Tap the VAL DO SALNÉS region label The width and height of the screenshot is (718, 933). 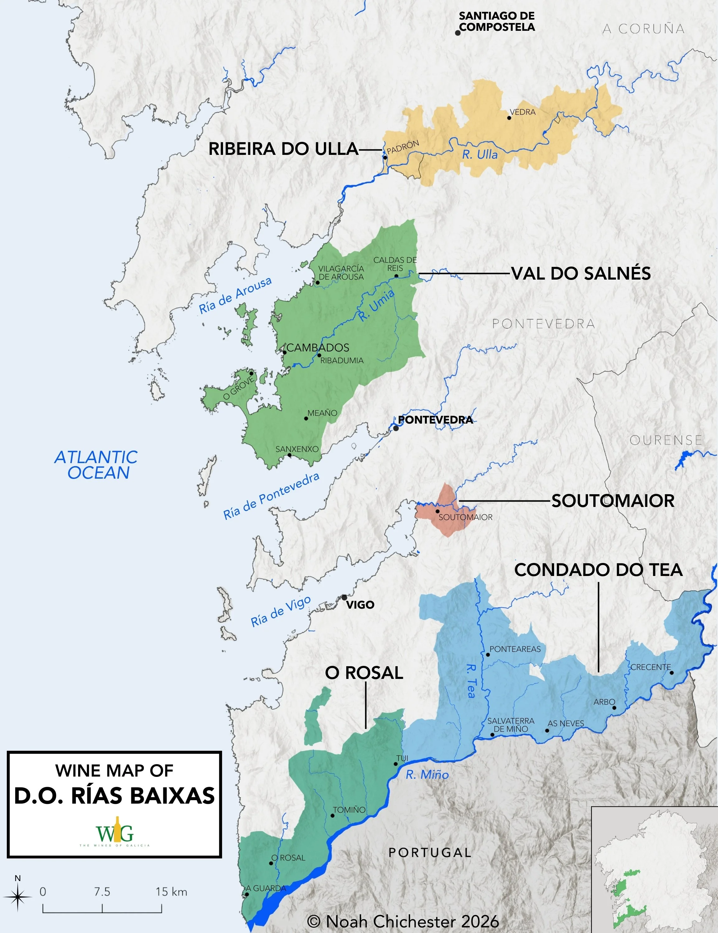581,273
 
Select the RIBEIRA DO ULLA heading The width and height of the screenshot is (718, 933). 283,149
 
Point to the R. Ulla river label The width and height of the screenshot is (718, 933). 480,154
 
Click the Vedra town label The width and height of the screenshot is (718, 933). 522,112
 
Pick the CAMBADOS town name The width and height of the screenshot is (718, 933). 318,348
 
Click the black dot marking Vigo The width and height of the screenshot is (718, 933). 344,597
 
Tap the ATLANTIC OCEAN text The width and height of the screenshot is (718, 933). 96,465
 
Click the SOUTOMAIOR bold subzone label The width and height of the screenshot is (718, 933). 613,501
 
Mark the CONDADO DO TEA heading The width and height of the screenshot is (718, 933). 598,570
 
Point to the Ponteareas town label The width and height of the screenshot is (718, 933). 515,649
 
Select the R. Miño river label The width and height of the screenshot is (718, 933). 427,774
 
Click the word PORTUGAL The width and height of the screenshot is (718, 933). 430,852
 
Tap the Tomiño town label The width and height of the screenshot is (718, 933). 349,810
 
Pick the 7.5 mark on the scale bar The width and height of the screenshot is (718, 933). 102,892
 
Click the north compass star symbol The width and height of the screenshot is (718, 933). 17,897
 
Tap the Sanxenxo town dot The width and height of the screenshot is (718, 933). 289,455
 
